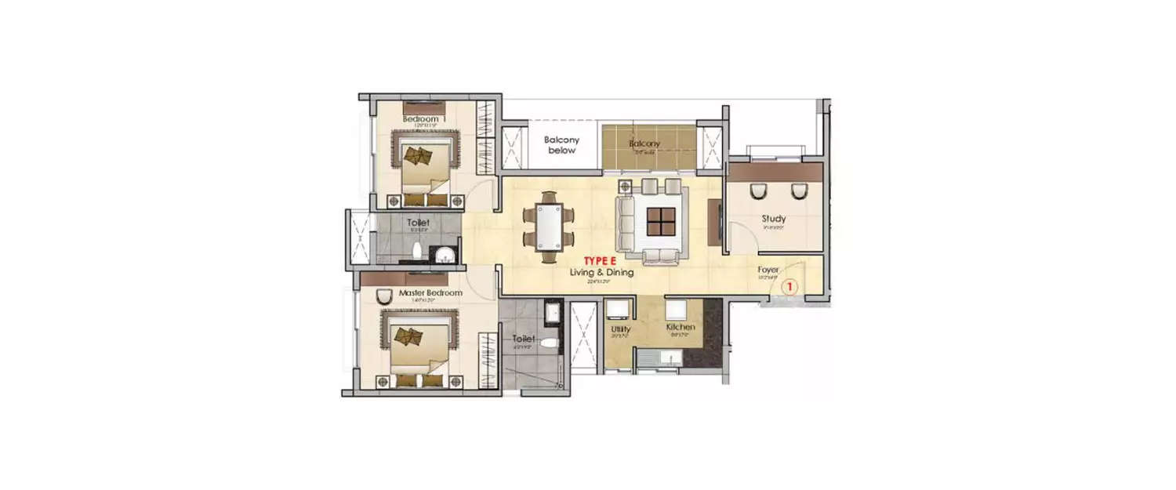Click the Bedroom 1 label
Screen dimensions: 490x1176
pos(423,118)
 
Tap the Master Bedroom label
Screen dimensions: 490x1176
pos(430,293)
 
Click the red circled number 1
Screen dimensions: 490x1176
pos(790,287)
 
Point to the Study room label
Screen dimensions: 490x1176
pos(774,219)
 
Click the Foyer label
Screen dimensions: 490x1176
pos(768,270)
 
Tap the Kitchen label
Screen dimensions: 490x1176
pos(680,326)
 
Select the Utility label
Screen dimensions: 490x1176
pos(621,329)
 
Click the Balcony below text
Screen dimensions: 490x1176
pos(562,145)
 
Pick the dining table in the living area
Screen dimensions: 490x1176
pos(549,227)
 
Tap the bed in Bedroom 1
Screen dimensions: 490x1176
pos(425,169)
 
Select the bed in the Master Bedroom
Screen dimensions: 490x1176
pos(414,349)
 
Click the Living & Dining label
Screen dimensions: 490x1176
pos(601,272)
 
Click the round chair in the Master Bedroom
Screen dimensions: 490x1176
pos(384,296)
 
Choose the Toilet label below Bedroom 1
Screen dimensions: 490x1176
pos(418,223)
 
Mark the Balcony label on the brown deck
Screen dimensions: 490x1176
pos(644,143)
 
